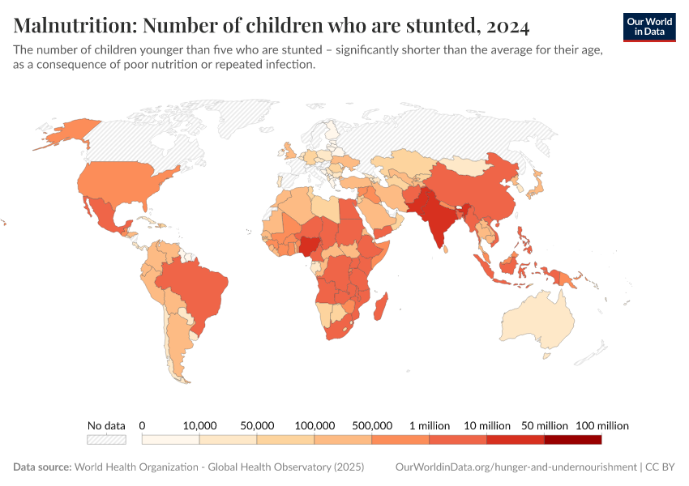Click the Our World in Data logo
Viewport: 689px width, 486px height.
pyautogui.click(x=649, y=26)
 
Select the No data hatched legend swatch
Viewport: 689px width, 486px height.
pyautogui.click(x=106, y=439)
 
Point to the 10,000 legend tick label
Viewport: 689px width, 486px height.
pyautogui.click(x=199, y=425)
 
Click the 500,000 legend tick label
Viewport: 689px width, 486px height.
pyautogui.click(x=372, y=425)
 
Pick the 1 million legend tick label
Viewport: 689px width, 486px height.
pyautogui.click(x=430, y=425)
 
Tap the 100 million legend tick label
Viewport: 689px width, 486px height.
pyautogui.click(x=602, y=425)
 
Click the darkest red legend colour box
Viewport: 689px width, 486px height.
pyautogui.click(x=573, y=439)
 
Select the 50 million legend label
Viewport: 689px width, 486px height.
pyautogui.click(x=545, y=425)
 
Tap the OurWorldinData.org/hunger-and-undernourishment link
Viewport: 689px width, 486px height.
pyautogui.click(x=516, y=467)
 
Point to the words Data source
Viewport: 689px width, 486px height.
pyautogui.click(x=42, y=467)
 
